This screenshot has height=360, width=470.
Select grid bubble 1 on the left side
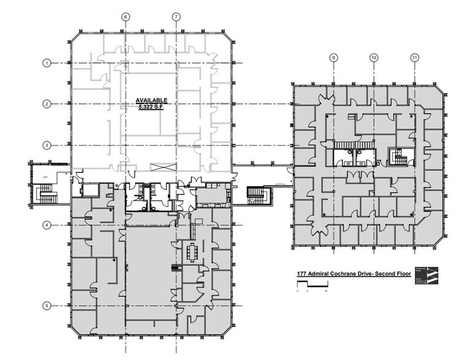46,62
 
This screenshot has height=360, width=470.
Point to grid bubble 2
46,104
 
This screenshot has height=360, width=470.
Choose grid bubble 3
46,145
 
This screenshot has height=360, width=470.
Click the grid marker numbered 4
46,225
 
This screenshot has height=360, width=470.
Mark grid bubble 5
46,306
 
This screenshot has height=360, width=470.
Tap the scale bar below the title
312,286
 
